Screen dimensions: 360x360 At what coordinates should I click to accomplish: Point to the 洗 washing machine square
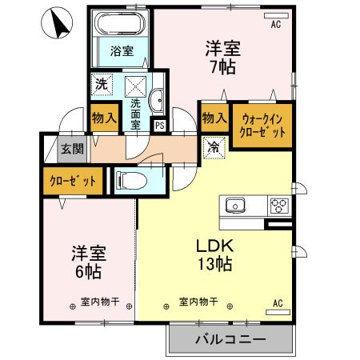click(x=102, y=82)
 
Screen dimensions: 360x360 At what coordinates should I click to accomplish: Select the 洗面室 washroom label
click(x=136, y=113)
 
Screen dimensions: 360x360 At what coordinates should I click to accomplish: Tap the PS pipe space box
click(x=159, y=125)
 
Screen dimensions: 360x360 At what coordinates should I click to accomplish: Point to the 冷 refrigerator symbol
click(x=214, y=147)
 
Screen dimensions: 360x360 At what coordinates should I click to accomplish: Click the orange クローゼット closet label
click(x=71, y=181)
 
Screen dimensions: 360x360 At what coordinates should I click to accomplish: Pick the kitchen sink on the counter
click(x=238, y=205)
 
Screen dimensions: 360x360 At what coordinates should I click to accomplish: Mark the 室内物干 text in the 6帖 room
click(x=101, y=302)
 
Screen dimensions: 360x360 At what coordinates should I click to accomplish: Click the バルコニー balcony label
click(x=230, y=340)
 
